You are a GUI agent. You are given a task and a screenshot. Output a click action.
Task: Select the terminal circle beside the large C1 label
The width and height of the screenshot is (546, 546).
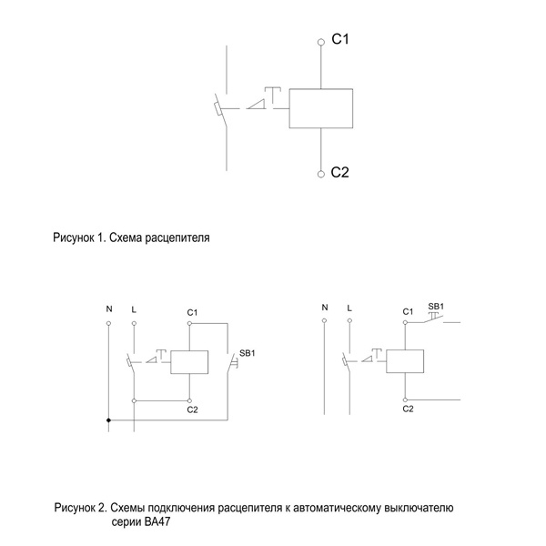pos(321,42)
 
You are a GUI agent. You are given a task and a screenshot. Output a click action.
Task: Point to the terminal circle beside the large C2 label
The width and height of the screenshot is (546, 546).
pos(321,173)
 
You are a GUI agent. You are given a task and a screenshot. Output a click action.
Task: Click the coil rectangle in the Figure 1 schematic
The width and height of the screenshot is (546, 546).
pos(321,108)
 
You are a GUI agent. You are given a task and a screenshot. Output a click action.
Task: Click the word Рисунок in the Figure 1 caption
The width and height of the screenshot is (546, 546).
pos(74,238)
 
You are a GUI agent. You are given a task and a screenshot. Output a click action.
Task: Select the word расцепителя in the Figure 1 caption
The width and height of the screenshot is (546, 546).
pos(182,238)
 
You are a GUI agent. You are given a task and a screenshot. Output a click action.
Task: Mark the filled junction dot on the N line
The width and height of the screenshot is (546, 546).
pos(109,420)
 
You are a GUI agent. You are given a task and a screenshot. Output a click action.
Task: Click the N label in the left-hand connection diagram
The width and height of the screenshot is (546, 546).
pos(109,309)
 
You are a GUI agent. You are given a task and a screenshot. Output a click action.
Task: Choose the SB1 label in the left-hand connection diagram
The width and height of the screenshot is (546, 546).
pos(248,352)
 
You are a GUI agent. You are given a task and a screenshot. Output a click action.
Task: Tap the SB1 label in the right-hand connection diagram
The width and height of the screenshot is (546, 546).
pos(436,306)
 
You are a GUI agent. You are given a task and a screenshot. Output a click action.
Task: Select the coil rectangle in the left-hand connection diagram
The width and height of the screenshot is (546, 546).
pos(189,361)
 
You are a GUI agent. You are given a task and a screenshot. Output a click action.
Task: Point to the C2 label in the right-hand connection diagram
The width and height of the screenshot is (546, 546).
pos(408,409)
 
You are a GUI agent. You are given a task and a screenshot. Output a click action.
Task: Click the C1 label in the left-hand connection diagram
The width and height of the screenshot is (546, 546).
pos(192,312)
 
